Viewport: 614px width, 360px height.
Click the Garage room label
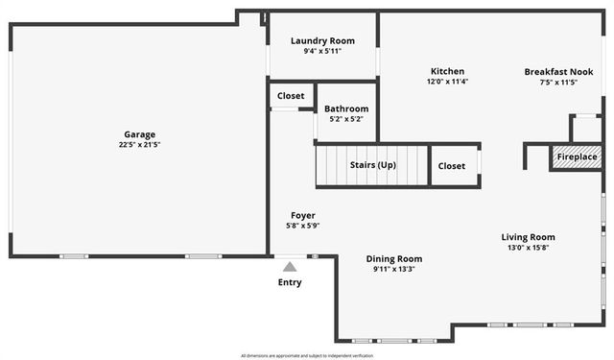point(140,134)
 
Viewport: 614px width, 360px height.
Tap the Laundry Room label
point(322,40)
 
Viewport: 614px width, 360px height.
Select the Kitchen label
point(447,71)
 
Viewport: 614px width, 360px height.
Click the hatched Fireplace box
point(577,156)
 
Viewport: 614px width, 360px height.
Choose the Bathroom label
point(346,108)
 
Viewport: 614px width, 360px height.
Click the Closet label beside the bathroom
point(291,96)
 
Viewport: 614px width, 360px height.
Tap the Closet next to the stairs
point(452,166)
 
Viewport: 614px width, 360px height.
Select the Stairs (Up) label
point(372,165)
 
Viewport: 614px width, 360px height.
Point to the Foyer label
point(302,215)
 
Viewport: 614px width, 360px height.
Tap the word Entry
point(290,282)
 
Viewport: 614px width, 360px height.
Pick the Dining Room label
point(394,258)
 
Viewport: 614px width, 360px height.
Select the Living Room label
point(528,237)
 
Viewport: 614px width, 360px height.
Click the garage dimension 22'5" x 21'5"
point(140,145)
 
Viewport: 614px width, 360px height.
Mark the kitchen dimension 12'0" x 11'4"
point(447,82)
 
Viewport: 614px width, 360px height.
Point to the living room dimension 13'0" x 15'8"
point(528,248)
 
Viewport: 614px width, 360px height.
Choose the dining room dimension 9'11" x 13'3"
point(394,269)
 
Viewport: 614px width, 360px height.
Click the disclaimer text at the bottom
point(307,355)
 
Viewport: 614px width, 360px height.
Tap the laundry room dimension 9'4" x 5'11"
point(322,51)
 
